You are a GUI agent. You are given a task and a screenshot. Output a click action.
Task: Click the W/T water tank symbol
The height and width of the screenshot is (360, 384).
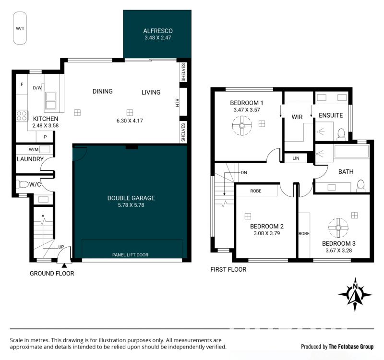20,28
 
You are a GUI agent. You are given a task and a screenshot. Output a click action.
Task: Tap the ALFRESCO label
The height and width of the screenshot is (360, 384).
158,31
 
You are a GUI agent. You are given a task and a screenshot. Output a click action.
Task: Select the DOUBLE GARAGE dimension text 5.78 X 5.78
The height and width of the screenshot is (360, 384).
131,205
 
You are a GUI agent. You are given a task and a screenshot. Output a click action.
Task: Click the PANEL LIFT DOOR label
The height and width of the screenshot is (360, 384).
130,255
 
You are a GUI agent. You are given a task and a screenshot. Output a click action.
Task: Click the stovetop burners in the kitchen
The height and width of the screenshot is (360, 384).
22,116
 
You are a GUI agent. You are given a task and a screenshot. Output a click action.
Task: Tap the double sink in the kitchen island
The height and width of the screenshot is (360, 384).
50,100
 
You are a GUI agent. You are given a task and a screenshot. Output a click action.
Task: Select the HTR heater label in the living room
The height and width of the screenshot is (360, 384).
178,103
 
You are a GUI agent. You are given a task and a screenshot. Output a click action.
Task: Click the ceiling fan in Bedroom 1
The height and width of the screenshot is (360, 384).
242,126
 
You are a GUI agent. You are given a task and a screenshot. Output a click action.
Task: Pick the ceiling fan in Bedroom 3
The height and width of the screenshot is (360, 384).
338,228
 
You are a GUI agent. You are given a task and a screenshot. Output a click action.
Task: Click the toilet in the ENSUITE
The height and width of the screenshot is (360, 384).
341,135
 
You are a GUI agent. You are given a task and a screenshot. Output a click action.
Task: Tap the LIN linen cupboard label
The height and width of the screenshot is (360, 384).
296,158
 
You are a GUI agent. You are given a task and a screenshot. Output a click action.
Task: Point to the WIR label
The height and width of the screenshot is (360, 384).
297,117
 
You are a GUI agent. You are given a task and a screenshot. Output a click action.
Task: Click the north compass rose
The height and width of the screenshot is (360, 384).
355,294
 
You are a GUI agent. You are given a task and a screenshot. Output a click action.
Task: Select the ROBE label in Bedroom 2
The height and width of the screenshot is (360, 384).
256,191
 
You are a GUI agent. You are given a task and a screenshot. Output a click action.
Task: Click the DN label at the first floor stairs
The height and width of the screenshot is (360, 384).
244,173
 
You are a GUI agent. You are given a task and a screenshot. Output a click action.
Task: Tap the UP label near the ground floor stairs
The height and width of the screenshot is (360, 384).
61,247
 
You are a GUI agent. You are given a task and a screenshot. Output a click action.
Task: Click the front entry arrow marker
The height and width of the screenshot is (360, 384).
64,265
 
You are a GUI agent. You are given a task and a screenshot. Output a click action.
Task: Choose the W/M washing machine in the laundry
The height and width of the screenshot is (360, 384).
44,149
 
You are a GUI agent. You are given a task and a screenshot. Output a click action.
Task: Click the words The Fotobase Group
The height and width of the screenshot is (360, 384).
351,347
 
